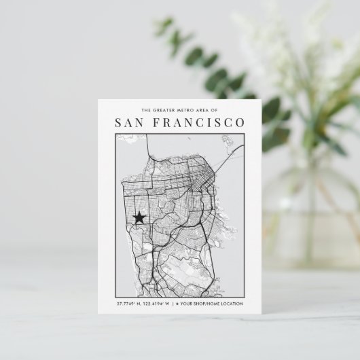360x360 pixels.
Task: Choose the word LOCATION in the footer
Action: (232, 303)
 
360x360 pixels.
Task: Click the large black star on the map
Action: (140, 217)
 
